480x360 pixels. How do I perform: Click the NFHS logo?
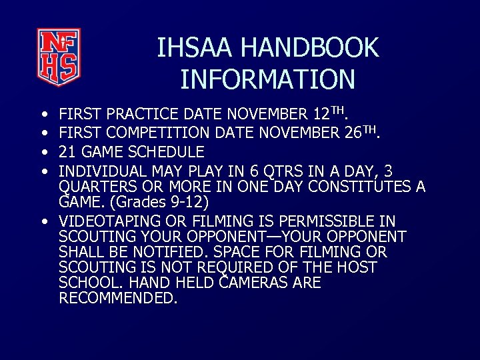coord(59,53)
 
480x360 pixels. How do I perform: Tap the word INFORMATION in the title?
coord(267,79)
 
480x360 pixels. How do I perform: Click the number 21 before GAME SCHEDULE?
coord(67,152)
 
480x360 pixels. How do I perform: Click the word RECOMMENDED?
coord(118,298)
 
